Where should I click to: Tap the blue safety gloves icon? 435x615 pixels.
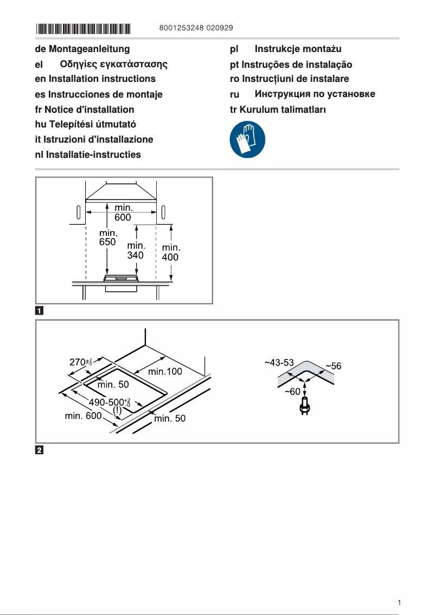[248, 139]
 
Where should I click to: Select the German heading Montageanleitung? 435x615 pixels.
[82, 49]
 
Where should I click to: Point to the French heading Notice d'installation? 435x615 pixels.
[84, 110]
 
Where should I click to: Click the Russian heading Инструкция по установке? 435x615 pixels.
[303, 94]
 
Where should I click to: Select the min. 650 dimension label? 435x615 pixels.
[108, 238]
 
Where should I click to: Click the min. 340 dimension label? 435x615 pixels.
[136, 250]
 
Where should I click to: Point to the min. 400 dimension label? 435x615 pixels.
[171, 253]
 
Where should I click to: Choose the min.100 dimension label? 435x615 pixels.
[165, 372]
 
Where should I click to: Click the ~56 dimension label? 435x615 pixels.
[333, 366]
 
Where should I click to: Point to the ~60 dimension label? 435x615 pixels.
[292, 392]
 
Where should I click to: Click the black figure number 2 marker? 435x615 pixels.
[40, 450]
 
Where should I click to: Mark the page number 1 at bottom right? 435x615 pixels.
[399, 603]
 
